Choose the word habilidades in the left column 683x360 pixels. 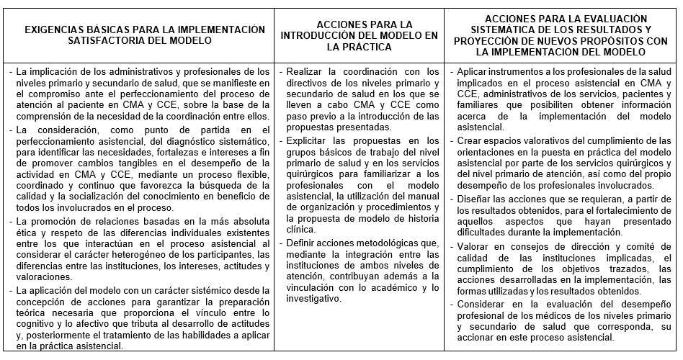(x=214, y=335)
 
